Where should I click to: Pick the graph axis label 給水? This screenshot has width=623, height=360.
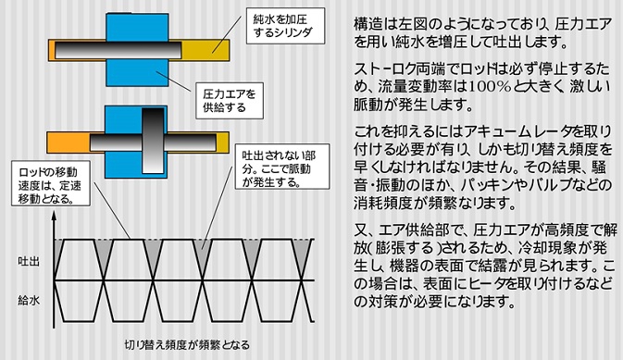pyautogui.click(x=28, y=301)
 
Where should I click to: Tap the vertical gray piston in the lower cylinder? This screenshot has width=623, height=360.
pyautogui.click(x=151, y=134)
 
